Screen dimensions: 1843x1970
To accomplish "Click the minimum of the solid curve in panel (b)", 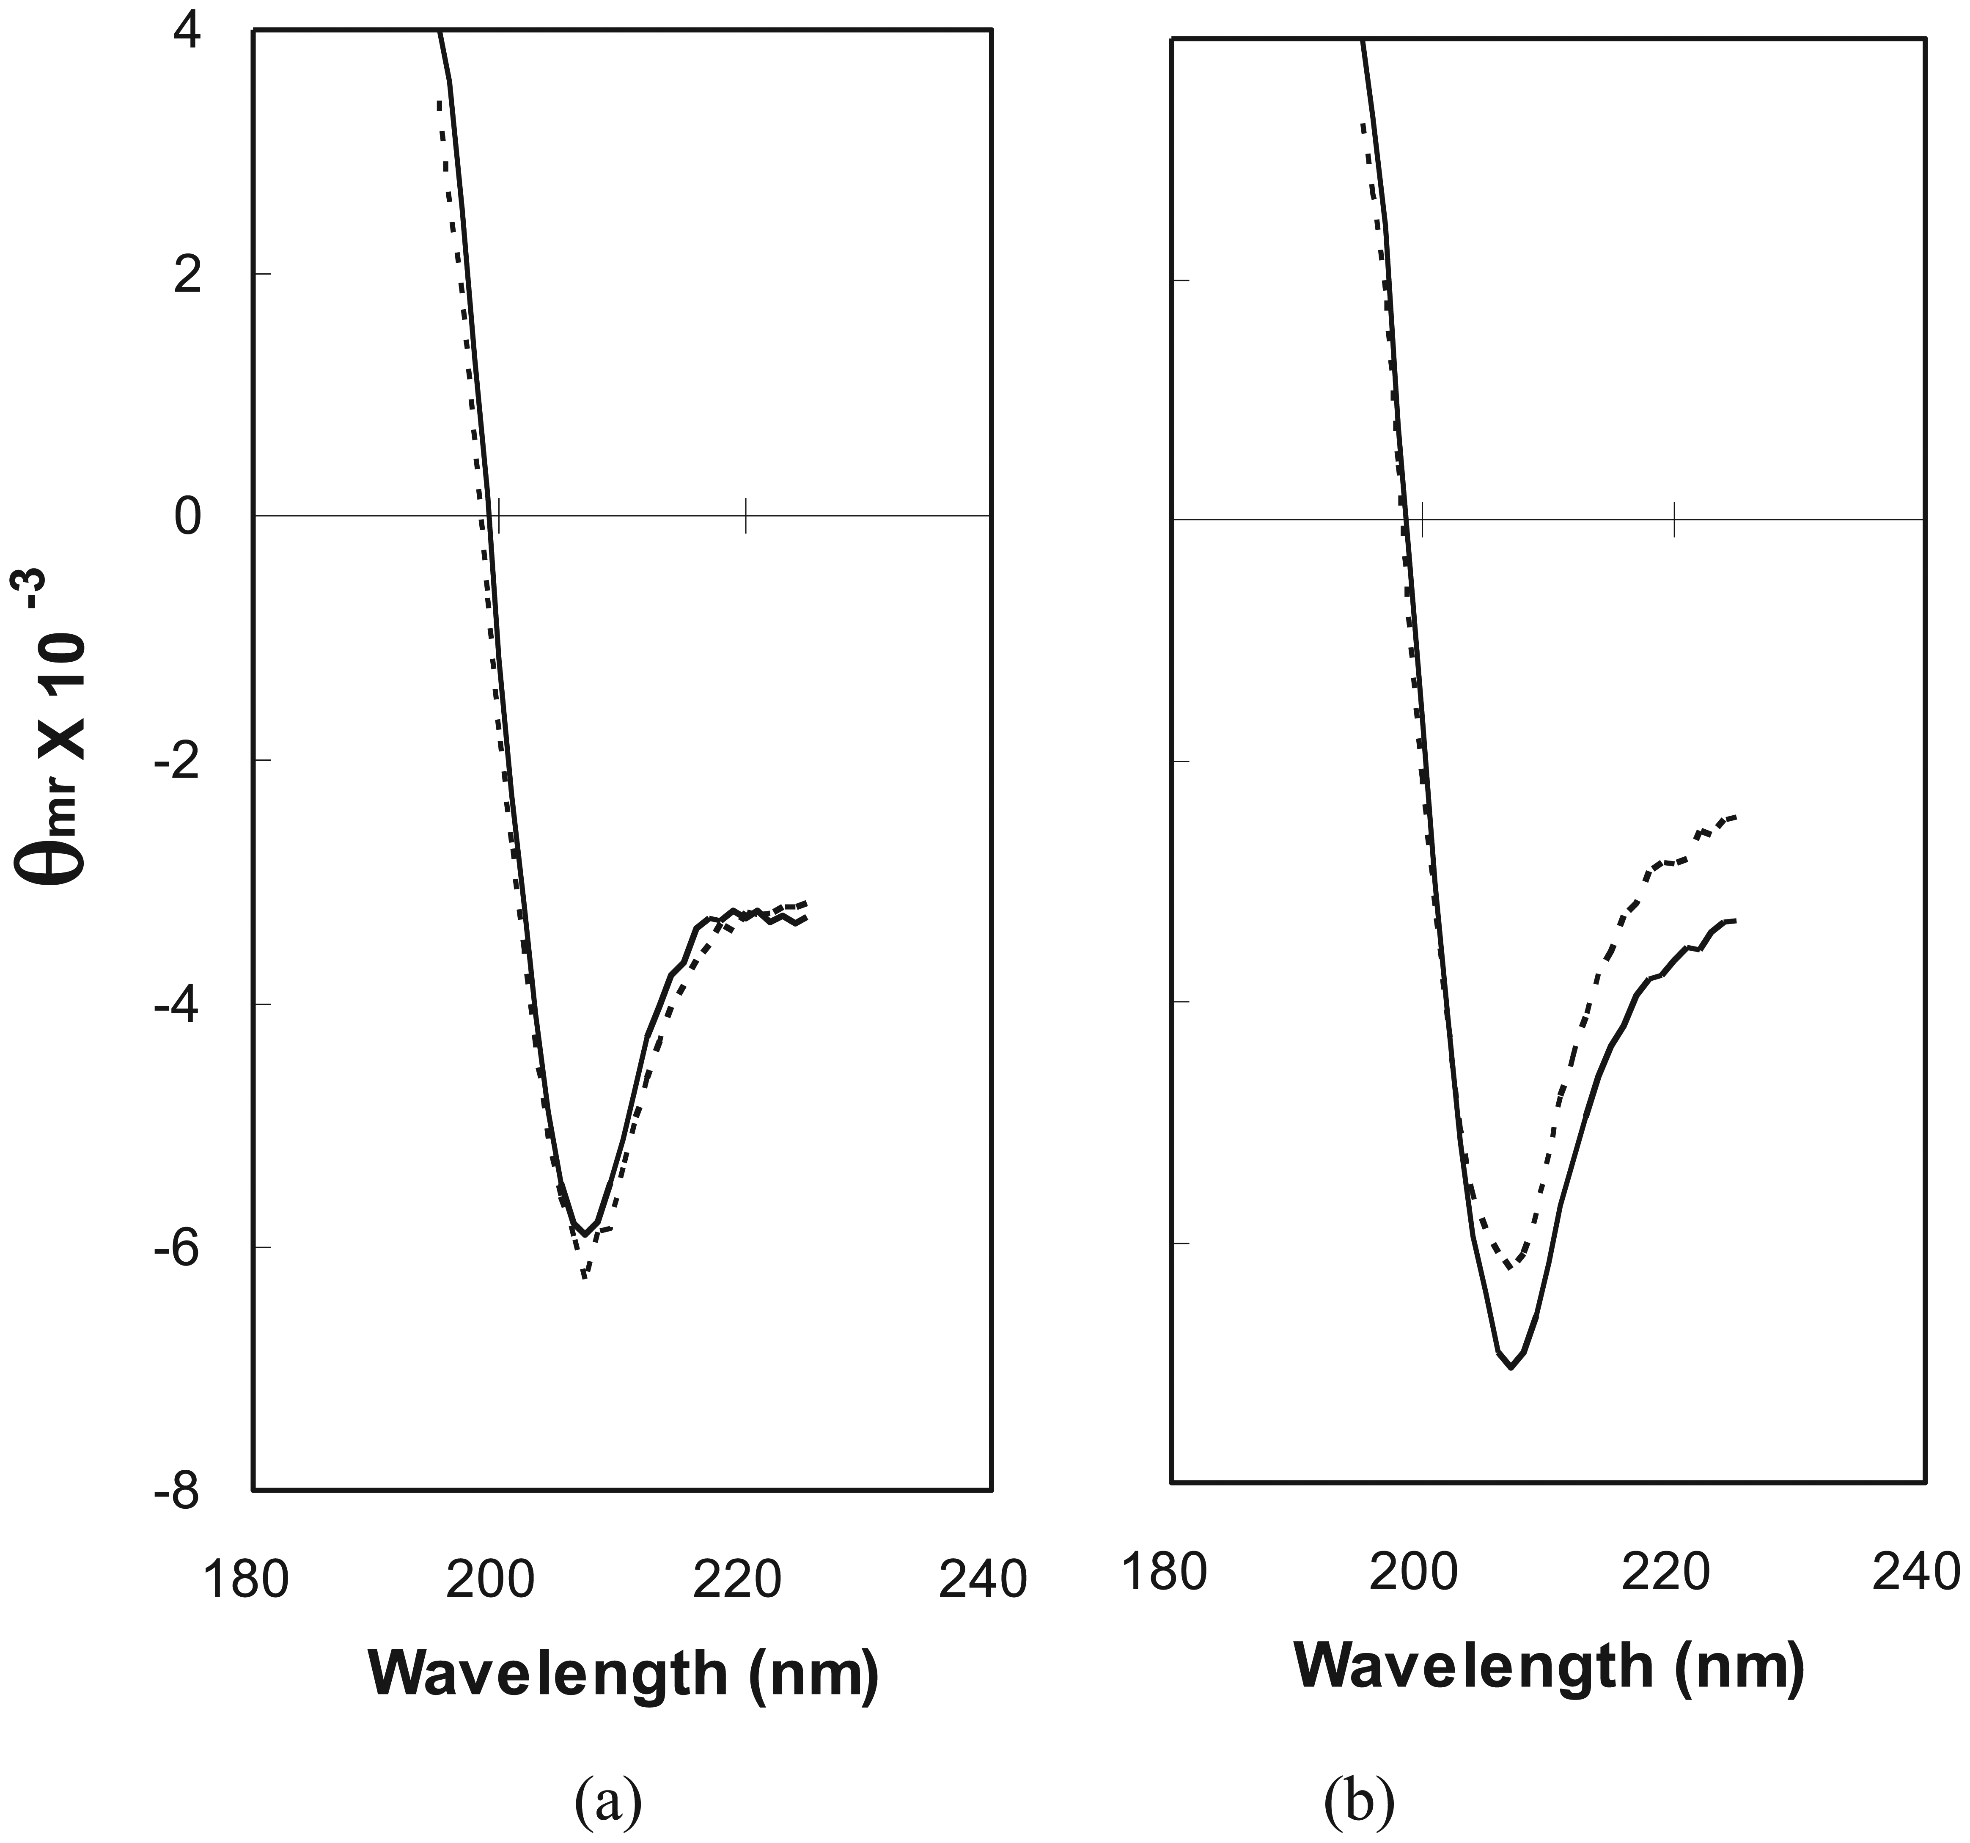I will (x=1511, y=1367).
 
